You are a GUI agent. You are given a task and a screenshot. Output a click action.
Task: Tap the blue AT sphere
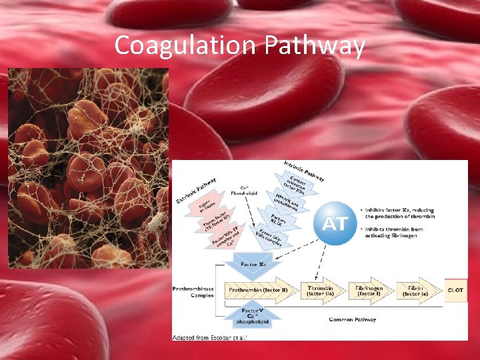tap(335, 223)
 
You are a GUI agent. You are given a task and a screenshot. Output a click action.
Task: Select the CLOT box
tap(456, 290)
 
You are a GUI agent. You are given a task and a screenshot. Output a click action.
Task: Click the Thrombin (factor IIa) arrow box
tap(321, 290)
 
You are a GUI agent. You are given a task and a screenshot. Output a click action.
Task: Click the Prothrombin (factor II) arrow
tap(258, 290)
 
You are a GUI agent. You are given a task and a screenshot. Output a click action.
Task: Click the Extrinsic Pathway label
tap(195, 190)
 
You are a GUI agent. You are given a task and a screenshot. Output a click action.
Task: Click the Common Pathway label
tap(353, 319)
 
